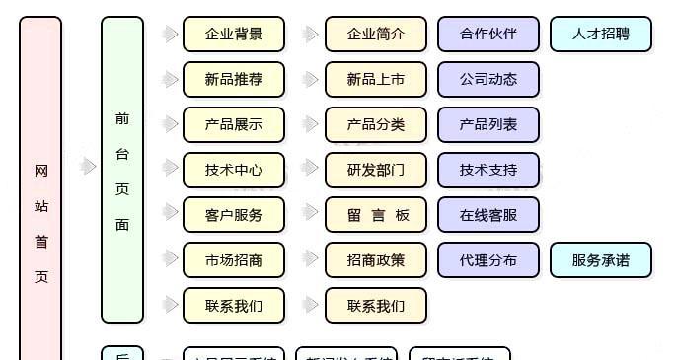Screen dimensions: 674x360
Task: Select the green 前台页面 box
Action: [x=122, y=170]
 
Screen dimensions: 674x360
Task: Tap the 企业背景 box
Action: [x=234, y=35]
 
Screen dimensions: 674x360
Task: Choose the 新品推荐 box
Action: [x=234, y=80]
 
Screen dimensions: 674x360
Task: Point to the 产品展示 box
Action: [x=234, y=125]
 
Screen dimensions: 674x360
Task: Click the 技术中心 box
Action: [x=234, y=170]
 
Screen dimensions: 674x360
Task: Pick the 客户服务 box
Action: [x=234, y=215]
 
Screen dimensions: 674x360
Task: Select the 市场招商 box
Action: [x=234, y=260]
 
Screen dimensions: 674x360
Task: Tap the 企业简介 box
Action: [x=376, y=35]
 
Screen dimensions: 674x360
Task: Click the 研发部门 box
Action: [x=376, y=170]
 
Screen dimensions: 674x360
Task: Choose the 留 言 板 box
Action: [x=376, y=215]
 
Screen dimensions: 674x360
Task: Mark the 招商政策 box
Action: [x=376, y=260]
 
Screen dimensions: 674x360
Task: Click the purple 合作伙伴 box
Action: [x=488, y=35]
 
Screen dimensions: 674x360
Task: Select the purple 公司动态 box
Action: [x=488, y=80]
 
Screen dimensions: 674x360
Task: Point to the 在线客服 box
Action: [x=488, y=215]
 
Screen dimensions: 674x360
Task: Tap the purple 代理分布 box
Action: [x=488, y=260]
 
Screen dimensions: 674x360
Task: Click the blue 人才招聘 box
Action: [x=601, y=35]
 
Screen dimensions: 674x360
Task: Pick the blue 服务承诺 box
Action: [x=601, y=260]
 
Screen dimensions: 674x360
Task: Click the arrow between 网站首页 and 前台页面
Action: [x=88, y=166]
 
